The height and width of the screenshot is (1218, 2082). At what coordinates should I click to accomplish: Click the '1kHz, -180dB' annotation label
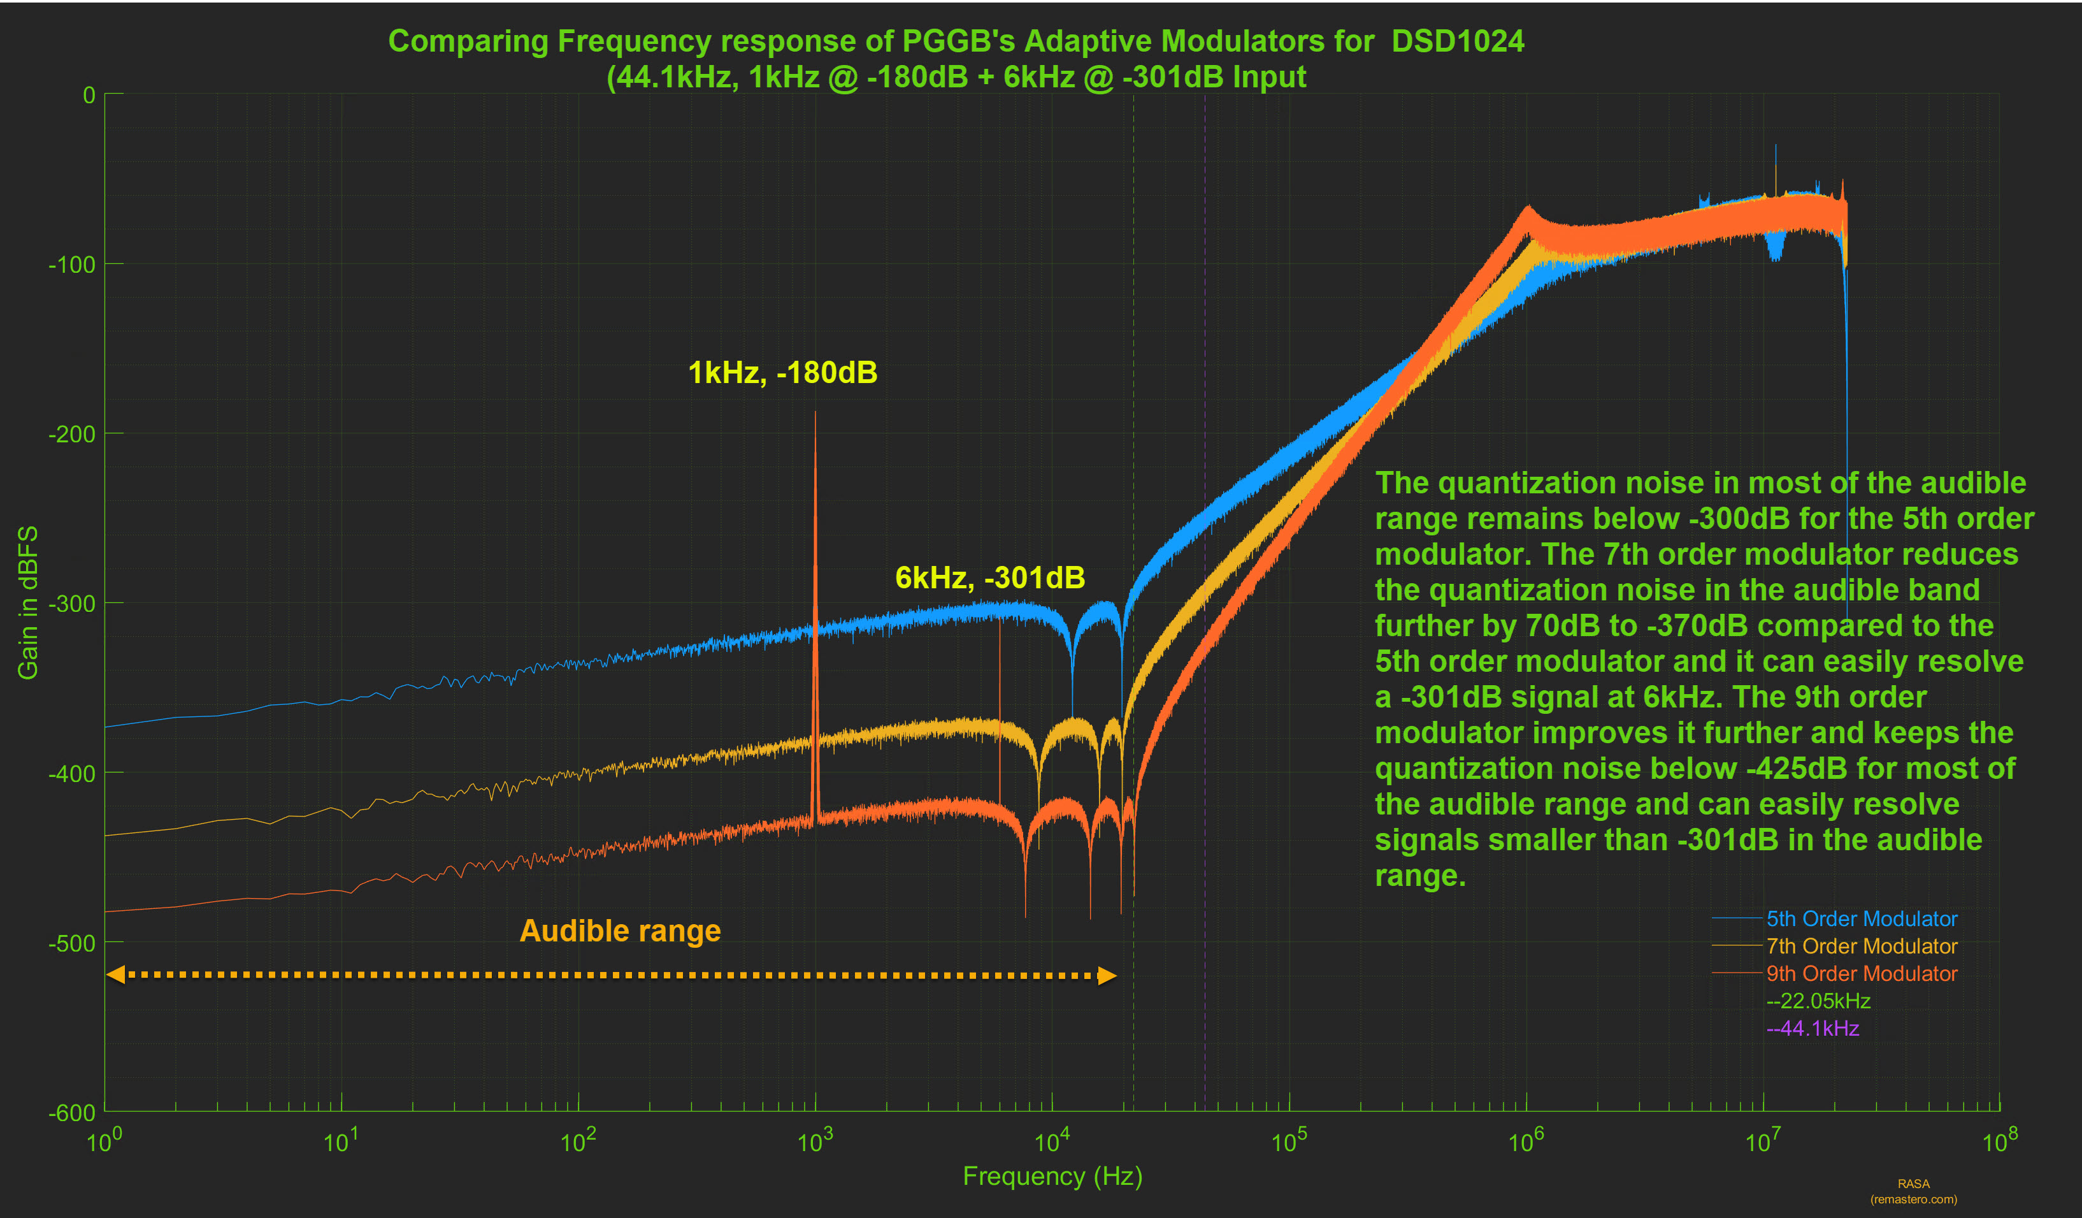coord(782,373)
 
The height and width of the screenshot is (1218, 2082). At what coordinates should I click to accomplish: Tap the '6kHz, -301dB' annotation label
coord(990,577)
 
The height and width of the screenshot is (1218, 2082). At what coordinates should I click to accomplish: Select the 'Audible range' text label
coord(620,931)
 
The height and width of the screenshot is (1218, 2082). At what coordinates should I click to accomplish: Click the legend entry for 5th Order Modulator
coord(1862,919)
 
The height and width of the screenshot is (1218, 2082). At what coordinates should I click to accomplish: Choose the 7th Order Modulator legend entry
coord(1862,946)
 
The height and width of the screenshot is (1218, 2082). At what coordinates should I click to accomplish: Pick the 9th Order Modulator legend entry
coord(1862,973)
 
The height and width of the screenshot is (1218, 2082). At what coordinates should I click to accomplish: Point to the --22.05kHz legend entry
coord(1818,1001)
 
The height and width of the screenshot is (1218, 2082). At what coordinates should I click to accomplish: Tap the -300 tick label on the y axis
coord(72,604)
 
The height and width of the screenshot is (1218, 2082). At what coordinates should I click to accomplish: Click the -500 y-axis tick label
coord(72,943)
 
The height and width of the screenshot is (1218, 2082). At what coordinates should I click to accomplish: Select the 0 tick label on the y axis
coord(89,96)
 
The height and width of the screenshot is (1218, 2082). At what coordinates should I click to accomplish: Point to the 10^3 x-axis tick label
coord(815,1141)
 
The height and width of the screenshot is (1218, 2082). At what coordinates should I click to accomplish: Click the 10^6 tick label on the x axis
coord(1526,1141)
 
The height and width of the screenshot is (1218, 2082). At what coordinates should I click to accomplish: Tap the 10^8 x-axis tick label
coord(1999,1141)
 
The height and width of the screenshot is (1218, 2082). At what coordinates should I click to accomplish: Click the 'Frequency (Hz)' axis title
coord(1052,1176)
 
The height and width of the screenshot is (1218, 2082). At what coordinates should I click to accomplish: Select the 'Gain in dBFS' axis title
coord(28,602)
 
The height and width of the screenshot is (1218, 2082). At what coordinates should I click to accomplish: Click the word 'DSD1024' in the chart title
coord(1458,41)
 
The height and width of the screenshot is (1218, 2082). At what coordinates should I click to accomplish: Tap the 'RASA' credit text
coord(1913,1184)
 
